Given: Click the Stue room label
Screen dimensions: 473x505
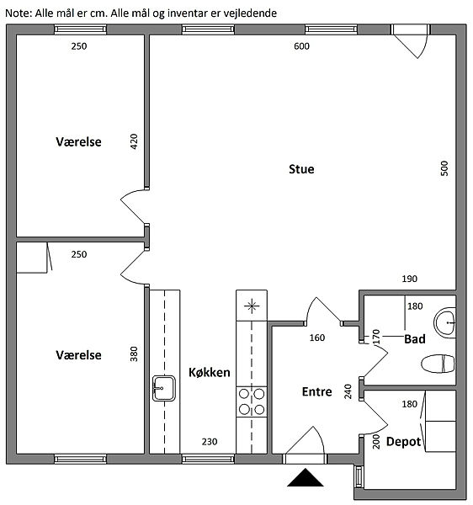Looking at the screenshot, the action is [x=301, y=169].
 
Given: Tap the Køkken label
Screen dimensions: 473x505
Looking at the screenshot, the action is [x=210, y=372].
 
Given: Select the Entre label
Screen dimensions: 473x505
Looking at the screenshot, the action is [x=316, y=391].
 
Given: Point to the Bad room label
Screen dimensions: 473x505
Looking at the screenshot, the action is [x=415, y=339].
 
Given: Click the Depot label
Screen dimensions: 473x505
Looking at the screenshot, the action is [x=403, y=442].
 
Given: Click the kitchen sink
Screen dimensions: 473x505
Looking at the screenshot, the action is [x=164, y=388].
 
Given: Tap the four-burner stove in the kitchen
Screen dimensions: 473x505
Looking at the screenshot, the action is [x=252, y=402].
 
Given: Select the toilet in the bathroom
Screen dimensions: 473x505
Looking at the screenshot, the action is [x=438, y=364].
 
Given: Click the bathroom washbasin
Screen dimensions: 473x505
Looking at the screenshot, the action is [x=444, y=322].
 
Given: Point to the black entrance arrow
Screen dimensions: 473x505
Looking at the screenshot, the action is [x=306, y=477].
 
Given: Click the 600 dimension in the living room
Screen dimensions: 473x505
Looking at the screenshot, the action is [x=301, y=46].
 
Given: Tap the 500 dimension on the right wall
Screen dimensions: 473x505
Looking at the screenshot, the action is [x=444, y=168].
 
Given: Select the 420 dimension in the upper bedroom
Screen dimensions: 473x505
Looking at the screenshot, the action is [x=134, y=141].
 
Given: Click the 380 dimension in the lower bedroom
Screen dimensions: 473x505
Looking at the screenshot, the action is [x=134, y=354].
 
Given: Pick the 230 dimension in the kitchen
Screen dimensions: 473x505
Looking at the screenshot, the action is [x=210, y=442].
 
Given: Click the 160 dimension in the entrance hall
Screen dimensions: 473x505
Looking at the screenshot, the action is [x=317, y=338].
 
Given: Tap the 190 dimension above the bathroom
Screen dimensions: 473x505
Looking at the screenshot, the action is [x=410, y=279].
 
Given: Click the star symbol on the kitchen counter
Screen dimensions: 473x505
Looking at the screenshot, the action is [x=252, y=306].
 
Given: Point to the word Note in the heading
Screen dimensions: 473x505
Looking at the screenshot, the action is [x=18, y=13].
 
